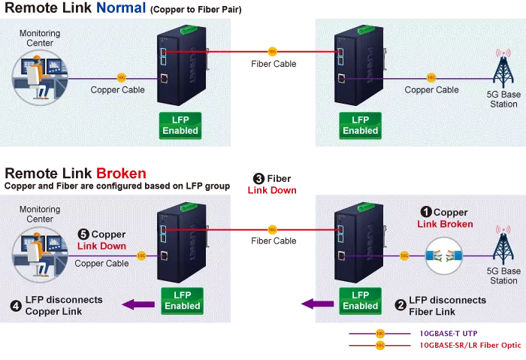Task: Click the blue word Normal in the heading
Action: tap(123, 10)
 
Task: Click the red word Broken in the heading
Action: tap(121, 174)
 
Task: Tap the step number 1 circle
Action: tap(425, 213)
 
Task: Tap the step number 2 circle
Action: tap(401, 306)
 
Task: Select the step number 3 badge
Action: tap(259, 179)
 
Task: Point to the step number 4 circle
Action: tap(16, 305)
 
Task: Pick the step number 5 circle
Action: tap(83, 234)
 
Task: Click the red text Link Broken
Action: tap(445, 224)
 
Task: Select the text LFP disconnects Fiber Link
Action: tap(447, 306)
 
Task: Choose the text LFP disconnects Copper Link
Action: tap(63, 305)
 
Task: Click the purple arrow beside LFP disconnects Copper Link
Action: tap(139, 304)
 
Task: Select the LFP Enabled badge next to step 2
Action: tap(360, 300)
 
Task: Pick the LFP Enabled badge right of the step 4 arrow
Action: tap(182, 300)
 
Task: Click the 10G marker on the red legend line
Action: tap(379, 346)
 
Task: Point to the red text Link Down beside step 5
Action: tap(102, 246)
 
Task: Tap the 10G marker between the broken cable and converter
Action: tap(404, 256)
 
